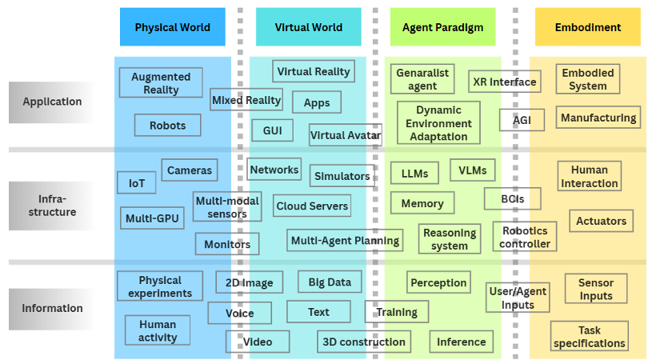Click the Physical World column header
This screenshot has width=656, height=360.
coord(172,27)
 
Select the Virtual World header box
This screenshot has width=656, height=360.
coord(308,27)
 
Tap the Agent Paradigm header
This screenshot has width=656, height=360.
coord(442,27)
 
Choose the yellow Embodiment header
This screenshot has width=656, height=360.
coord(587,27)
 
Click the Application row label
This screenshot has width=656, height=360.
coord(53,102)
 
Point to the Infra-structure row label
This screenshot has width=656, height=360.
coord(53,206)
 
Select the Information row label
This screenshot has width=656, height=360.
coord(53,308)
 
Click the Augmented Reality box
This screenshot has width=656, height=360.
coord(161,83)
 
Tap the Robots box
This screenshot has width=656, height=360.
coord(167,126)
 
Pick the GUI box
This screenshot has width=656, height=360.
coord(272,130)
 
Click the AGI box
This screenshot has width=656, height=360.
coord(522,120)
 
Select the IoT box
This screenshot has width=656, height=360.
coord(137,183)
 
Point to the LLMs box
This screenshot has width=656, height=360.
coord(414,174)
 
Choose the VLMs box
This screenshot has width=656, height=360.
coord(472,170)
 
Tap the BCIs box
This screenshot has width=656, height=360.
coord(512,198)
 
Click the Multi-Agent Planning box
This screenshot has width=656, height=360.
coord(345,240)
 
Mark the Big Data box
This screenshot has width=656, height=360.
coord(330,282)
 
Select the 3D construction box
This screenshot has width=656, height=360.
coord(364,342)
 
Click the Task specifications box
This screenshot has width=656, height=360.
coord(589,337)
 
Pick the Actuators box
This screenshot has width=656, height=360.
coord(602,221)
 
